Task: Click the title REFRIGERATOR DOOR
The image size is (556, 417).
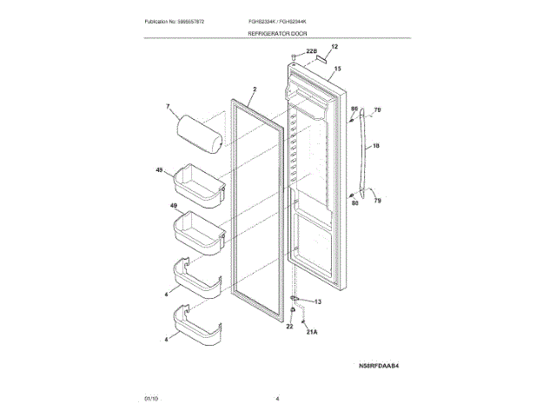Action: click(277, 32)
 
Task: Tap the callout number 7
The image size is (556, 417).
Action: click(169, 109)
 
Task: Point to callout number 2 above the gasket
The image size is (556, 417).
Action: click(255, 89)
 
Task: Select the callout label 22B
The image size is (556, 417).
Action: click(311, 53)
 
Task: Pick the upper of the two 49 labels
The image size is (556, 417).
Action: click(160, 172)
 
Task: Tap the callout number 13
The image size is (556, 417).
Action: click(317, 301)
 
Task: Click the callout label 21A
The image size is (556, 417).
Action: click(310, 332)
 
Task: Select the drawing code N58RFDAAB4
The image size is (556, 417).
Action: click(384, 367)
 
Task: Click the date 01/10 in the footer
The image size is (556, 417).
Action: click(151, 399)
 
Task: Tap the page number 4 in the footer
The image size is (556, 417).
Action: click(277, 399)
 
